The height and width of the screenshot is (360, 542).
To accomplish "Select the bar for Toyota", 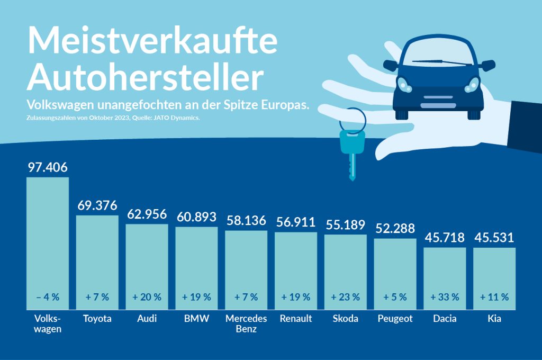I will pyautogui.click(x=97, y=259).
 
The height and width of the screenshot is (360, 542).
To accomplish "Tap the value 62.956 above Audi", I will pyautogui.click(x=147, y=214).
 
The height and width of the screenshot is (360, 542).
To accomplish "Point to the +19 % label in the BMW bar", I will pyautogui.click(x=196, y=297).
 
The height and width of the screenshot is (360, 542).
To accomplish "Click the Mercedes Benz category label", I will pyautogui.click(x=246, y=323).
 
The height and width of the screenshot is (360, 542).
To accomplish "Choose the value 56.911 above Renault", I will pyautogui.click(x=296, y=222).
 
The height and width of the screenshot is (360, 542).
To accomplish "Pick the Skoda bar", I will pyautogui.click(x=346, y=270).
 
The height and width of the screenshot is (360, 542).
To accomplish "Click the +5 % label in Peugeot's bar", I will pyautogui.click(x=395, y=297).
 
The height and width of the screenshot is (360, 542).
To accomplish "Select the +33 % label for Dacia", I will pyautogui.click(x=445, y=297).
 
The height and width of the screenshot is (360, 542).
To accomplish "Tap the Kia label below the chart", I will pyautogui.click(x=494, y=319).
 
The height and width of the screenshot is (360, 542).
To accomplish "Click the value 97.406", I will pyautogui.click(x=48, y=168).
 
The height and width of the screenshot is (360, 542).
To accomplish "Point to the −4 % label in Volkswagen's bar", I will pyautogui.click(x=48, y=297).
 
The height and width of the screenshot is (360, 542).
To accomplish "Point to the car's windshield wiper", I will pyautogui.click(x=442, y=62).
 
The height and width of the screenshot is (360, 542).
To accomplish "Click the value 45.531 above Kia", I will pyautogui.click(x=494, y=237).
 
